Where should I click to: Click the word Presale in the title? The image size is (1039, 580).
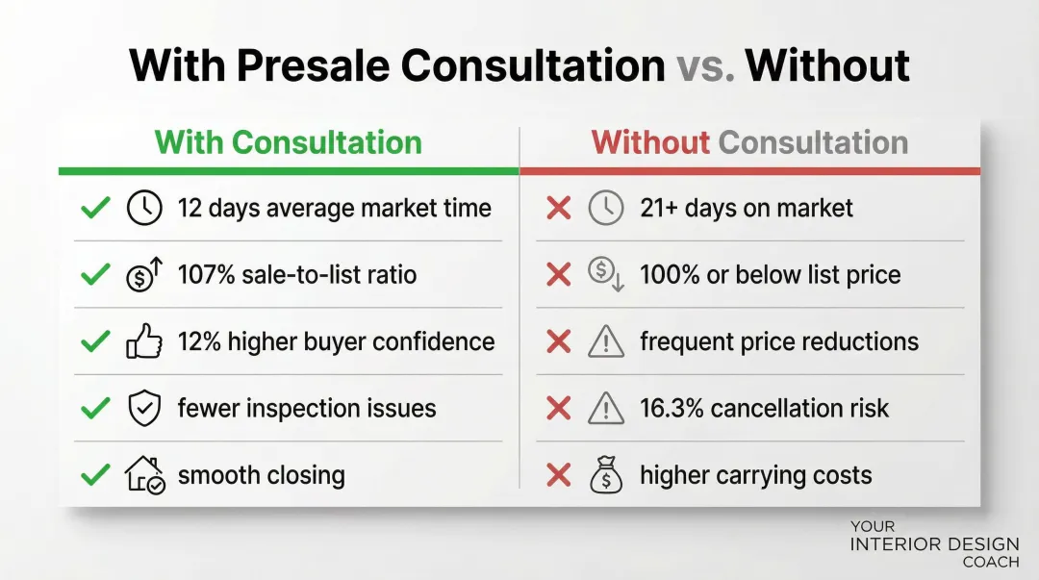coord(313,65)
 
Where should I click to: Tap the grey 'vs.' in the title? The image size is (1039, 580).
coord(705,65)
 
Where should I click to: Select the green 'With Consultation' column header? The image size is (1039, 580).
coord(289,142)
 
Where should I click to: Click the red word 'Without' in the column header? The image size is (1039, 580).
coord(650,142)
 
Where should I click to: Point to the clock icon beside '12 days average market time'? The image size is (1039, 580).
coord(144,208)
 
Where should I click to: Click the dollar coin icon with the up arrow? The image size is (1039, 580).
coord(144,274)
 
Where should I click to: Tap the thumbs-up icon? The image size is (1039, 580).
coord(144,341)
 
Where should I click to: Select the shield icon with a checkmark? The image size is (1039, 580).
coord(144,408)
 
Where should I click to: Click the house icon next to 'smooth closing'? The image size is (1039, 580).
coord(144,474)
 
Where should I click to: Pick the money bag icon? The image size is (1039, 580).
coord(606,474)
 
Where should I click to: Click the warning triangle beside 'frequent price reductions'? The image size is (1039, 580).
coord(606,342)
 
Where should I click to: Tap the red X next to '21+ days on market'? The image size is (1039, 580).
coord(559,208)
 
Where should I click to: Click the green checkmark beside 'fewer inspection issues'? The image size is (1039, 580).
coord(95,408)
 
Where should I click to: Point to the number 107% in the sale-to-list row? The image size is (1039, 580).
coord(206,274)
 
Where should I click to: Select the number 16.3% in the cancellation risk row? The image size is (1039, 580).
coord(672,409)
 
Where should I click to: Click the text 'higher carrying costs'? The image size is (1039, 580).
coord(756,475)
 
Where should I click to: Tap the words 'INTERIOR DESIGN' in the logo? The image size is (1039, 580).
coord(934,544)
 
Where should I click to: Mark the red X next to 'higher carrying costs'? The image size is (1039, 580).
coord(559,474)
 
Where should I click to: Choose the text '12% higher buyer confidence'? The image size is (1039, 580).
coord(336,342)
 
